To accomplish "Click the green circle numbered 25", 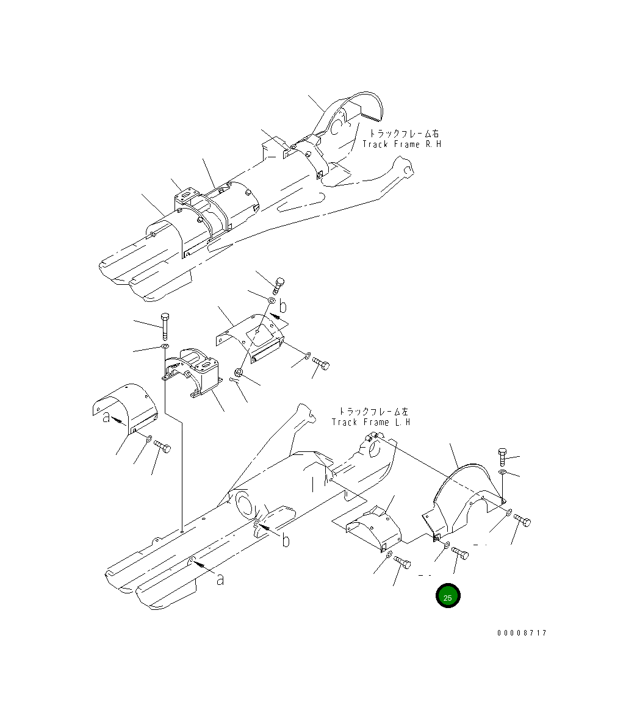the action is (448, 596).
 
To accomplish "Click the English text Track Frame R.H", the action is (401, 144).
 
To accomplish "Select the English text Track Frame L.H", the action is (371, 422).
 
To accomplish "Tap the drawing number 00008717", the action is (522, 633).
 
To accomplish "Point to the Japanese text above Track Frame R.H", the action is (404, 134).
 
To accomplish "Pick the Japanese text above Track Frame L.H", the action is (373, 411).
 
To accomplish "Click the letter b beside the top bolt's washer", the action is (283, 306).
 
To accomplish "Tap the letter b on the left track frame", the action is (286, 540).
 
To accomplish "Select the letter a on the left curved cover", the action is (107, 417).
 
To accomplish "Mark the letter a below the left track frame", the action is (220, 579).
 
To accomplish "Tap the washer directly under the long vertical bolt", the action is (165, 347).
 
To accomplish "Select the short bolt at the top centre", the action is (279, 285).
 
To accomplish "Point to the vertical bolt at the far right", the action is (502, 457).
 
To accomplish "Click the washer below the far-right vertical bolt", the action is (502, 472).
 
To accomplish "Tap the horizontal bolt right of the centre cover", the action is (321, 364).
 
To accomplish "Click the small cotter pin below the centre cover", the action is (235, 380).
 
